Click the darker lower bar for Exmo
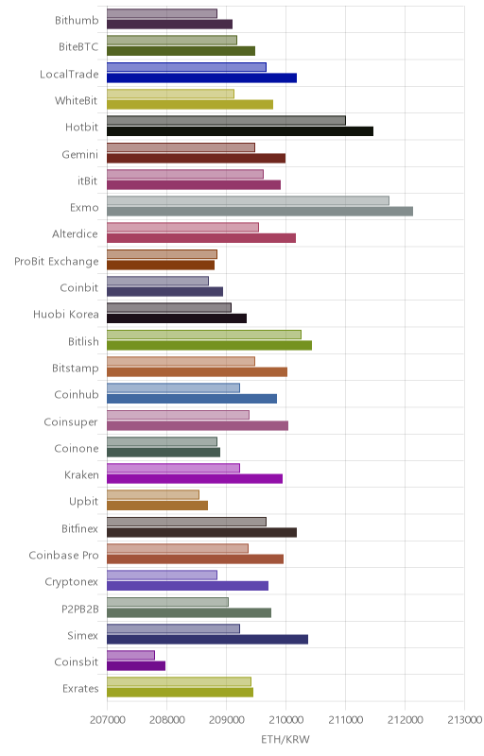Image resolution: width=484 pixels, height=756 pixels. tap(260, 211)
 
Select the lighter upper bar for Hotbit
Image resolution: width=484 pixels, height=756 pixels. tap(226, 121)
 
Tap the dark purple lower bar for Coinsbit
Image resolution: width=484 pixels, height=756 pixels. tap(136, 666)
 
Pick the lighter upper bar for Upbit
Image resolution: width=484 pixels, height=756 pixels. tap(153, 494)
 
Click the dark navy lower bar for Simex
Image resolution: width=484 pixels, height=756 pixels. tap(207, 640)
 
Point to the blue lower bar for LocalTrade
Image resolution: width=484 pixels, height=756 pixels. tap(201, 78)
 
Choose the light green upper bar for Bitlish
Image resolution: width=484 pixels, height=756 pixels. tap(204, 335)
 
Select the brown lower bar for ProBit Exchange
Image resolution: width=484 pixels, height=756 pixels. tap(161, 266)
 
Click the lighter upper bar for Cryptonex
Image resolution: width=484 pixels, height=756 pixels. tap(162, 575)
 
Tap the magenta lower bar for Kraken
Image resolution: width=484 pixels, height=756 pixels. tap(195, 479)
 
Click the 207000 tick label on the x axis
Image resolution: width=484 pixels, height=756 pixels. tap(107, 720)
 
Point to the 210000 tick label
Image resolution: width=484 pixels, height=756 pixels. tap(285, 720)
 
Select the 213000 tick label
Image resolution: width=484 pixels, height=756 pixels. tap(464, 720)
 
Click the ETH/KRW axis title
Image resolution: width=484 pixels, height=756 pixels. tap(285, 739)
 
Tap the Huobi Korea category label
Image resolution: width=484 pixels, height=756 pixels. tap(65, 315)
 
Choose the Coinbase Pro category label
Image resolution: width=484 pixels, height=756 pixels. tap(63, 556)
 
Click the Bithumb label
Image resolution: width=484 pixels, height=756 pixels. tap(77, 20)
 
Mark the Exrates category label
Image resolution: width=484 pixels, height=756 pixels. tap(80, 689)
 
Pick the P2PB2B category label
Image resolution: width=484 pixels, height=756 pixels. tap(80, 610)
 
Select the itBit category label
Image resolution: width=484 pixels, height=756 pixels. tap(87, 180)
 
